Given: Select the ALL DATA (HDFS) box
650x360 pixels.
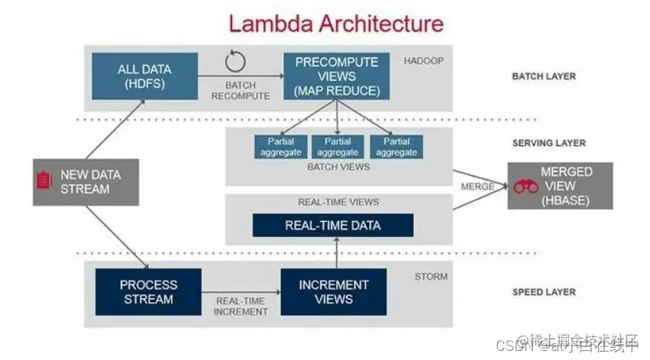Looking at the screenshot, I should click(144, 76).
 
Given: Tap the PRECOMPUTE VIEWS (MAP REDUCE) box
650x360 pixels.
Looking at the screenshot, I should click(337, 76).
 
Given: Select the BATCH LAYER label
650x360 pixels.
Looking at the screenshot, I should click(544, 76).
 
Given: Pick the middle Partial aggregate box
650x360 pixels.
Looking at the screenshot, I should click(338, 147).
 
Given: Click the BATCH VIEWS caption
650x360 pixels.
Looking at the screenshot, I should click(338, 167).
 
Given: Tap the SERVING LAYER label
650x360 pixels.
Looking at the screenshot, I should click(549, 143).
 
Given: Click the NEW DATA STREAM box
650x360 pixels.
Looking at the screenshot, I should click(86, 182).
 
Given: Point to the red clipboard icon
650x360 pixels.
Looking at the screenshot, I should click(44, 181).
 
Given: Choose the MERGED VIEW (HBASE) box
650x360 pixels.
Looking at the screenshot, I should click(560, 186).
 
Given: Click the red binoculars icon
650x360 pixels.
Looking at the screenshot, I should click(526, 186).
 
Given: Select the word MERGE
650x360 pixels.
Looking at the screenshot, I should click(477, 186).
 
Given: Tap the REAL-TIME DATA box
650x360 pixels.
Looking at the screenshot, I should click(333, 225).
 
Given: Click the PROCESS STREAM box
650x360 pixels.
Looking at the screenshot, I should click(148, 292).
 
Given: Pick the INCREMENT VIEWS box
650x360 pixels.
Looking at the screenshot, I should click(333, 292).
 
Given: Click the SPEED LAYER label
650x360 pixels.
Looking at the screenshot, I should click(544, 292).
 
